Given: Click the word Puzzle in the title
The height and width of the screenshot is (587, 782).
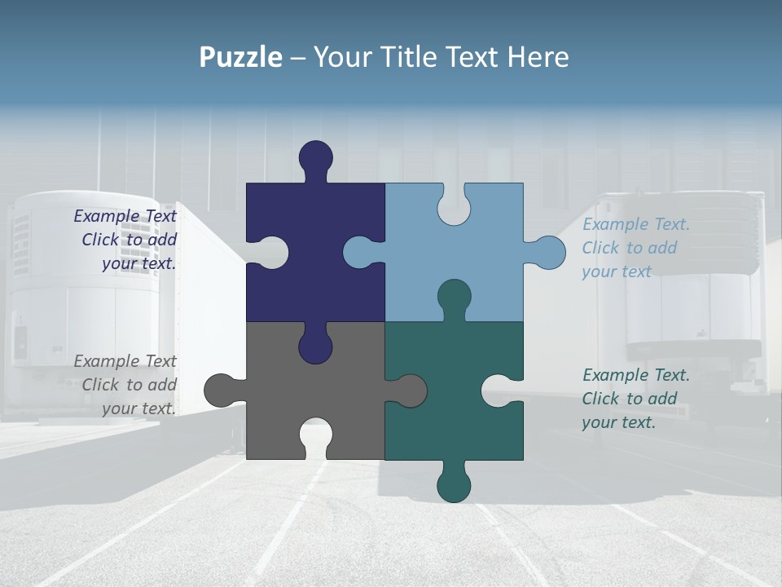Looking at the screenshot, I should (240, 57).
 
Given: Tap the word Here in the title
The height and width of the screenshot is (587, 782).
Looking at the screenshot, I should (537, 57).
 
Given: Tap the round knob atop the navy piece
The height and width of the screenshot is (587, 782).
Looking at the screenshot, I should (316, 157).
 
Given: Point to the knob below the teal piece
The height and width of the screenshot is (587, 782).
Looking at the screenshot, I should (454, 485).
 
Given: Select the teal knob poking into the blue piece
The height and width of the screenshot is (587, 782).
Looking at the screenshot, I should (454, 297).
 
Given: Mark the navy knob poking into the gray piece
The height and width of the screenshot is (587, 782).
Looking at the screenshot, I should (315, 346).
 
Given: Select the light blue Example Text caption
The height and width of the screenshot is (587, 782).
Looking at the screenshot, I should (635, 248).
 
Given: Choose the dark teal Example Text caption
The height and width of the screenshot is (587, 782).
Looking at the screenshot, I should (635, 399).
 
